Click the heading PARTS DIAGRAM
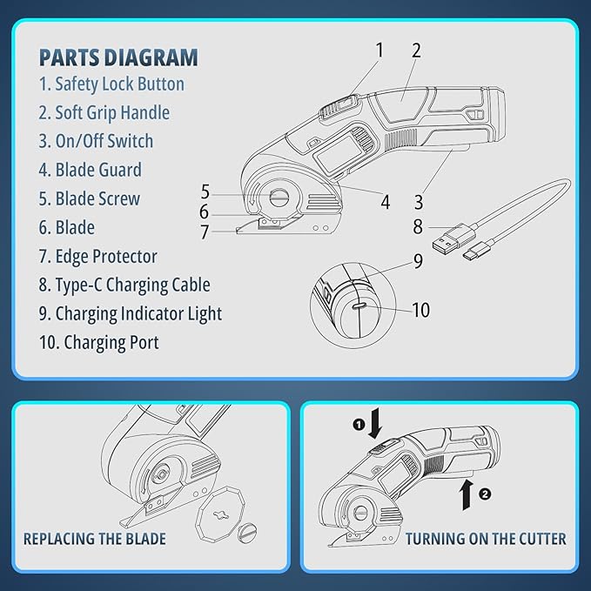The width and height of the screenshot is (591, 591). (118, 57)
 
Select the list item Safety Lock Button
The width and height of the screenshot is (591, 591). (112, 84)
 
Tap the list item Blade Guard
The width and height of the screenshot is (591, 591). (91, 170)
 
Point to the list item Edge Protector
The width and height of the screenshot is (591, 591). (98, 256)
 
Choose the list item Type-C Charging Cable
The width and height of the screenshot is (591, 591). (124, 285)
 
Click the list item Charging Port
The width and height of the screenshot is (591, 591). (98, 343)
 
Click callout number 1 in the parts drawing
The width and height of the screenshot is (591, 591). (379, 50)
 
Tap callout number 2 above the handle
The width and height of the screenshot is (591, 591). (416, 50)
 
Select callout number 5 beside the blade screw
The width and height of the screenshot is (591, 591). (205, 191)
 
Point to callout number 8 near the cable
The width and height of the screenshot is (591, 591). (418, 227)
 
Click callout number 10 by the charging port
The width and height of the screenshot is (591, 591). (421, 310)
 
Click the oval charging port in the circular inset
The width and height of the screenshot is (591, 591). (359, 306)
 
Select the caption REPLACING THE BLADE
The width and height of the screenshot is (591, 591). (95, 539)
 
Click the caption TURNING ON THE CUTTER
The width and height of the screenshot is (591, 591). (486, 539)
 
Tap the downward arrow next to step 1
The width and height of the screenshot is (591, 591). (375, 425)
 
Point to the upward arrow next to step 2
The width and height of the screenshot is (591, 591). (467, 494)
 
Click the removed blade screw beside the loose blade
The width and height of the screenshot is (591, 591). (248, 532)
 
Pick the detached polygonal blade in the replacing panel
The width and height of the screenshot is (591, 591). (220, 514)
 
